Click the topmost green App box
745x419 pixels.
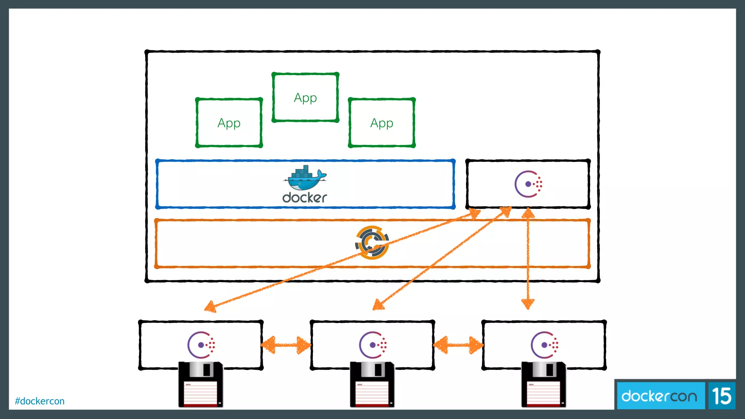[305, 97]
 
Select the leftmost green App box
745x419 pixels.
[229, 123]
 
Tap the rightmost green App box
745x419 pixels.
[382, 123]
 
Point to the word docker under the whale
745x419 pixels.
[304, 198]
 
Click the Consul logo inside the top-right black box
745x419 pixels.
[528, 184]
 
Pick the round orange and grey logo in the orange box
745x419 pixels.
[372, 243]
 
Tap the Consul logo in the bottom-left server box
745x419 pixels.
[201, 345]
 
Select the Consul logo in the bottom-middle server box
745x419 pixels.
[373, 345]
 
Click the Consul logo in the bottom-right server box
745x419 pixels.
[544, 345]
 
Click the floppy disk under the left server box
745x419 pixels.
[200, 384]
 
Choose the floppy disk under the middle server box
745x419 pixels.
[372, 384]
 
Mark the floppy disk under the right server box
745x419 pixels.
[543, 384]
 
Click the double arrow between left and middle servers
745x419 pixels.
[286, 345]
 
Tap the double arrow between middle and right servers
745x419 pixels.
[458, 345]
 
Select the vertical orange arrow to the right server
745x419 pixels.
[528, 258]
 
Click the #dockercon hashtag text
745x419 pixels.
[40, 401]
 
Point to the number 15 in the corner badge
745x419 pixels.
[722, 396]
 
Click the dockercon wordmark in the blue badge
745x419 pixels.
[659, 396]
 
